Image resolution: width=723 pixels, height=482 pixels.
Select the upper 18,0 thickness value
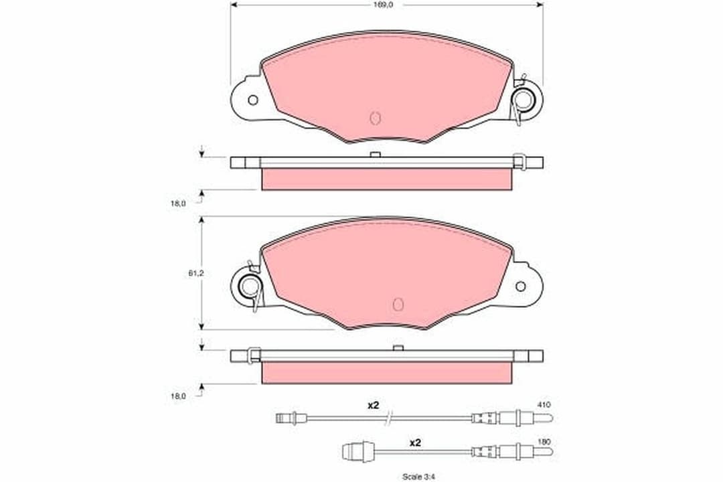177,203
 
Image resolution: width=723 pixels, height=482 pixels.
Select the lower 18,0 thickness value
177,396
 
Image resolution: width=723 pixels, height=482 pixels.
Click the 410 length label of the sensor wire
543,404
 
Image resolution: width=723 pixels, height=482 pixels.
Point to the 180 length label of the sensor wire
543,442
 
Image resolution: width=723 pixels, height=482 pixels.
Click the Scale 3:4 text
417,477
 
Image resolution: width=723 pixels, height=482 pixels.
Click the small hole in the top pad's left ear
252,100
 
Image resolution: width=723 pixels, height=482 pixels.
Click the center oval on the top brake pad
375,118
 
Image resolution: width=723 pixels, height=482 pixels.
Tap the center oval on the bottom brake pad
398,304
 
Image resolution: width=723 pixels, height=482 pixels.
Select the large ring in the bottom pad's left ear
250,287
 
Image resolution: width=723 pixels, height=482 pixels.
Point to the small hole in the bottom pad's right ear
520,287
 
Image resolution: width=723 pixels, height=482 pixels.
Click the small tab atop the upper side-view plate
375,155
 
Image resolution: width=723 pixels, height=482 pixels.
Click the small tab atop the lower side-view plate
398,347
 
